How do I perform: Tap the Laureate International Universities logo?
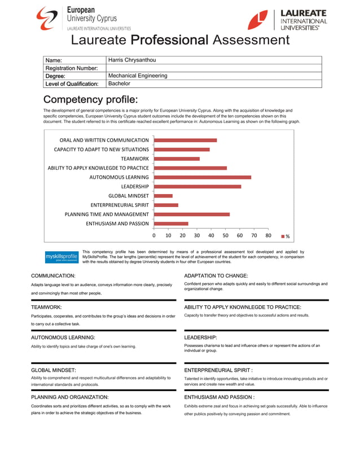[x=287, y=20]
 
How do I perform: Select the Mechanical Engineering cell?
[x=138, y=76]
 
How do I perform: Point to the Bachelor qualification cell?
[x=119, y=83]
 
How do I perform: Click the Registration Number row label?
[x=72, y=68]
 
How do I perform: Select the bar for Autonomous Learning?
[x=203, y=177]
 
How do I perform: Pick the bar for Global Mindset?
[x=164, y=196]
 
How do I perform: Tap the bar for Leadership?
[x=197, y=186]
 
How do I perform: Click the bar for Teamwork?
[x=177, y=159]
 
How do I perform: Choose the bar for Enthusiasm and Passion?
[x=171, y=223]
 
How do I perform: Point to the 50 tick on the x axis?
[x=226, y=235]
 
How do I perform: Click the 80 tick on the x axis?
[x=268, y=235]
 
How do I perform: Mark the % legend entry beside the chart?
[x=286, y=236]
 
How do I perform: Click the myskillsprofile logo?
[x=62, y=257]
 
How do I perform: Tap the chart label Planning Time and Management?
[x=107, y=214]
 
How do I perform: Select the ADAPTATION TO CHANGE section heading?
[x=216, y=275]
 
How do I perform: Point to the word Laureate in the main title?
[x=99, y=40]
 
